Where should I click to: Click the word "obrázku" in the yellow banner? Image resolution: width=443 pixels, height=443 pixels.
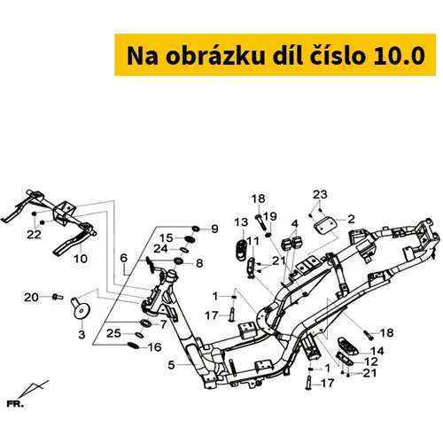(x=214, y=56)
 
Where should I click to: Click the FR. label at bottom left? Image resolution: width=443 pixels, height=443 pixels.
(x=15, y=404)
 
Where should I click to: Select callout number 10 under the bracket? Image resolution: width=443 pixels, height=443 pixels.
(x=81, y=259)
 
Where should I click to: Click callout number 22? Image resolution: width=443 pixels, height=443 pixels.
(x=34, y=235)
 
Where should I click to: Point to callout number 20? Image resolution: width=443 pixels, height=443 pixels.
(x=31, y=297)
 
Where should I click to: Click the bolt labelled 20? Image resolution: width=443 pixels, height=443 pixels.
(x=58, y=297)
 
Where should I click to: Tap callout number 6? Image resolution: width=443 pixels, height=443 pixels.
(x=124, y=258)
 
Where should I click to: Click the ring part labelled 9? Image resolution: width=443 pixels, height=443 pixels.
(x=196, y=229)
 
